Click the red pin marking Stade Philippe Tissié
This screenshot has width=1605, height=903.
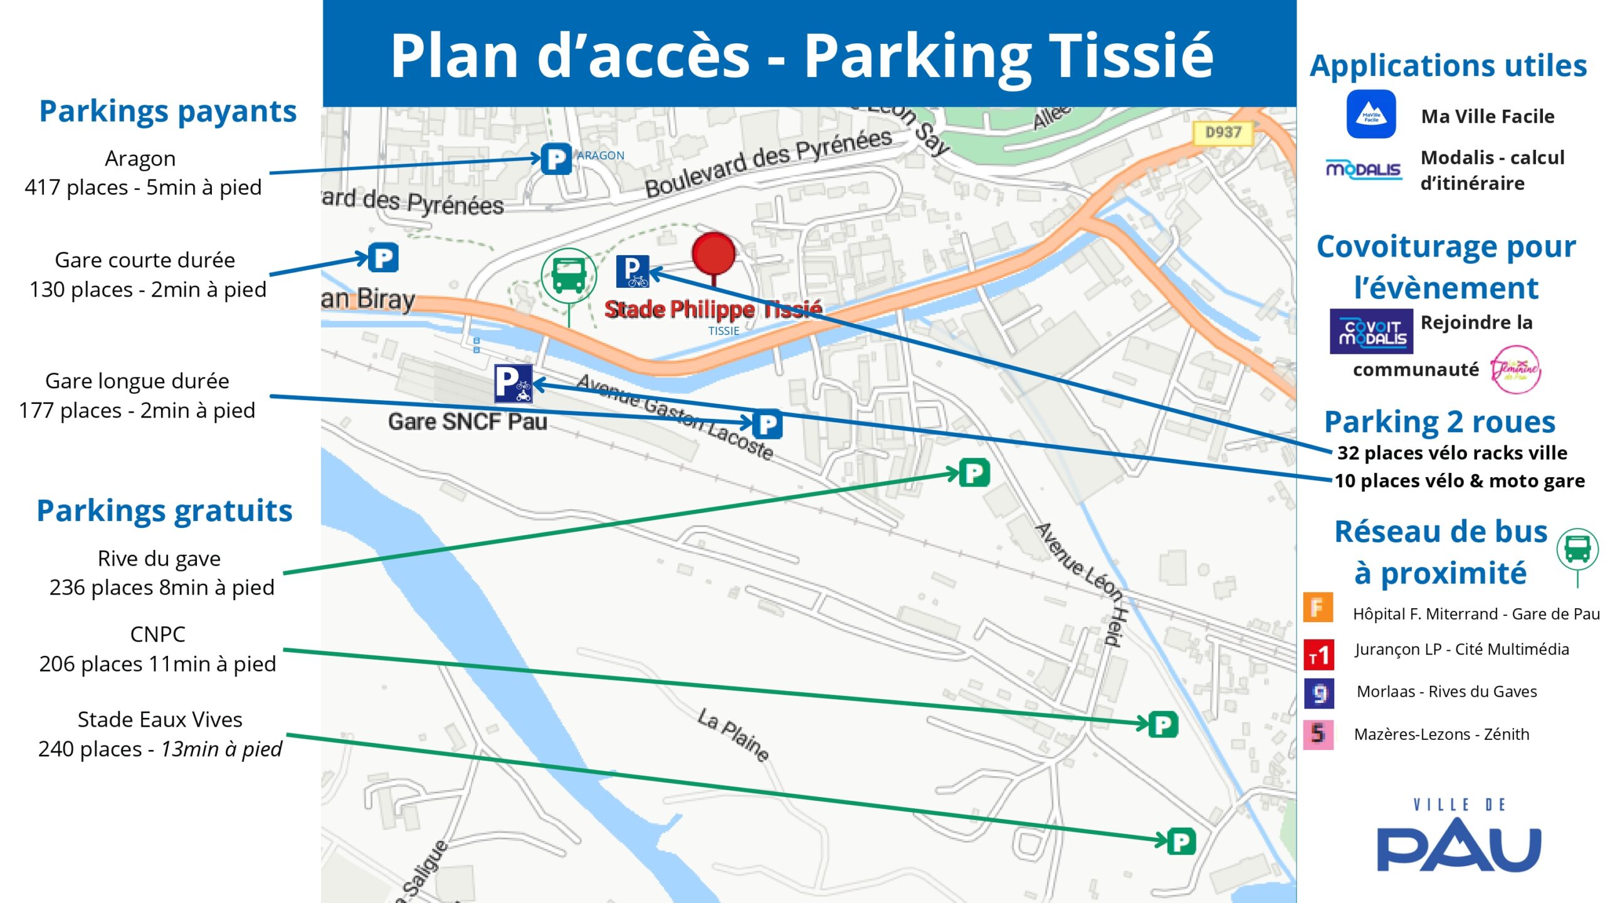pyautogui.click(x=713, y=254)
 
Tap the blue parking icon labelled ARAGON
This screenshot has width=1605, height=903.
pyautogui.click(x=556, y=159)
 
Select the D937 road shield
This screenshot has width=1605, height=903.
pyautogui.click(x=1223, y=133)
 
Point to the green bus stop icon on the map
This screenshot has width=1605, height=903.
pyautogui.click(x=569, y=276)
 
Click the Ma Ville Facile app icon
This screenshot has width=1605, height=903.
pyautogui.click(x=1371, y=114)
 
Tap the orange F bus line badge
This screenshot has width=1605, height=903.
pyautogui.click(x=1318, y=608)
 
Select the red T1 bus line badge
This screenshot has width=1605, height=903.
pyautogui.click(x=1318, y=655)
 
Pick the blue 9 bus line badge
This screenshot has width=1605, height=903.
pyautogui.click(x=1318, y=694)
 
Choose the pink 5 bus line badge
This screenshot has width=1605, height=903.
pyautogui.click(x=1318, y=734)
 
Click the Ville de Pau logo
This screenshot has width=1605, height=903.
pyautogui.click(x=1458, y=837)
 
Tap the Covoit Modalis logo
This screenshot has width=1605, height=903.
pyautogui.click(x=1371, y=331)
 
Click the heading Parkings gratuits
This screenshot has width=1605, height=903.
pyautogui.click(x=164, y=510)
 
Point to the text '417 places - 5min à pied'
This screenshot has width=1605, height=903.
pyautogui.click(x=143, y=187)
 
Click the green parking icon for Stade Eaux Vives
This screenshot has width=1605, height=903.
pyautogui.click(x=1181, y=842)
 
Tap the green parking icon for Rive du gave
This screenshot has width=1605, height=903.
pyautogui.click(x=974, y=473)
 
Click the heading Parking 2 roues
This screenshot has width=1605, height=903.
pyautogui.click(x=1439, y=422)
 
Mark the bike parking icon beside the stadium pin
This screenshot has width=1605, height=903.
pyautogui.click(x=632, y=272)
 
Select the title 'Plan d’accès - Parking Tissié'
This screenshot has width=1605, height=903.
pyautogui.click(x=802, y=56)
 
